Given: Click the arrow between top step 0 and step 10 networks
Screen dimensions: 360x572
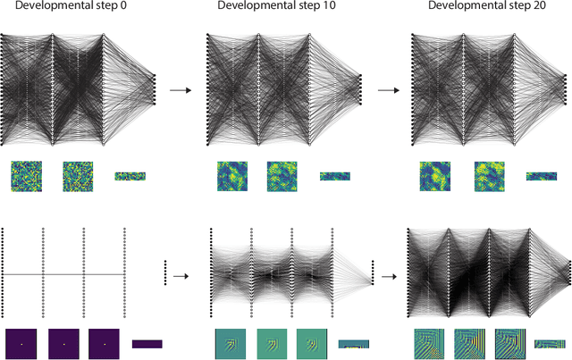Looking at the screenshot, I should pos(181,90).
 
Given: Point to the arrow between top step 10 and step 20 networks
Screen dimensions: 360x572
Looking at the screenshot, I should pos(386,90).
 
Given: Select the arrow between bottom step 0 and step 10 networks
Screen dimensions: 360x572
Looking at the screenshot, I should pos(181,276).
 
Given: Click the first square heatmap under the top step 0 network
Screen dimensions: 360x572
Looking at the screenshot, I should pos(26,177).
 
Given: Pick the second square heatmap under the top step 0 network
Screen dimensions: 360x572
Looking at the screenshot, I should pos(78,177).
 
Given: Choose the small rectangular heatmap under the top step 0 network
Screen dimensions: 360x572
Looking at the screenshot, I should pos(130,177).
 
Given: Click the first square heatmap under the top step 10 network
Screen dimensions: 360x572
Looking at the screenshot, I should pos(231,177).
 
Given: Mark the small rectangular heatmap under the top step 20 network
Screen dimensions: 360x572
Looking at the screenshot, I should pos(541,177).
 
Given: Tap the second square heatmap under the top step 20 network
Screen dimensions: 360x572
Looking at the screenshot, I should pos(489,177).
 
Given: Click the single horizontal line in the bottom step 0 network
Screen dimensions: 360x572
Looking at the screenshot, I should pos(63,274).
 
